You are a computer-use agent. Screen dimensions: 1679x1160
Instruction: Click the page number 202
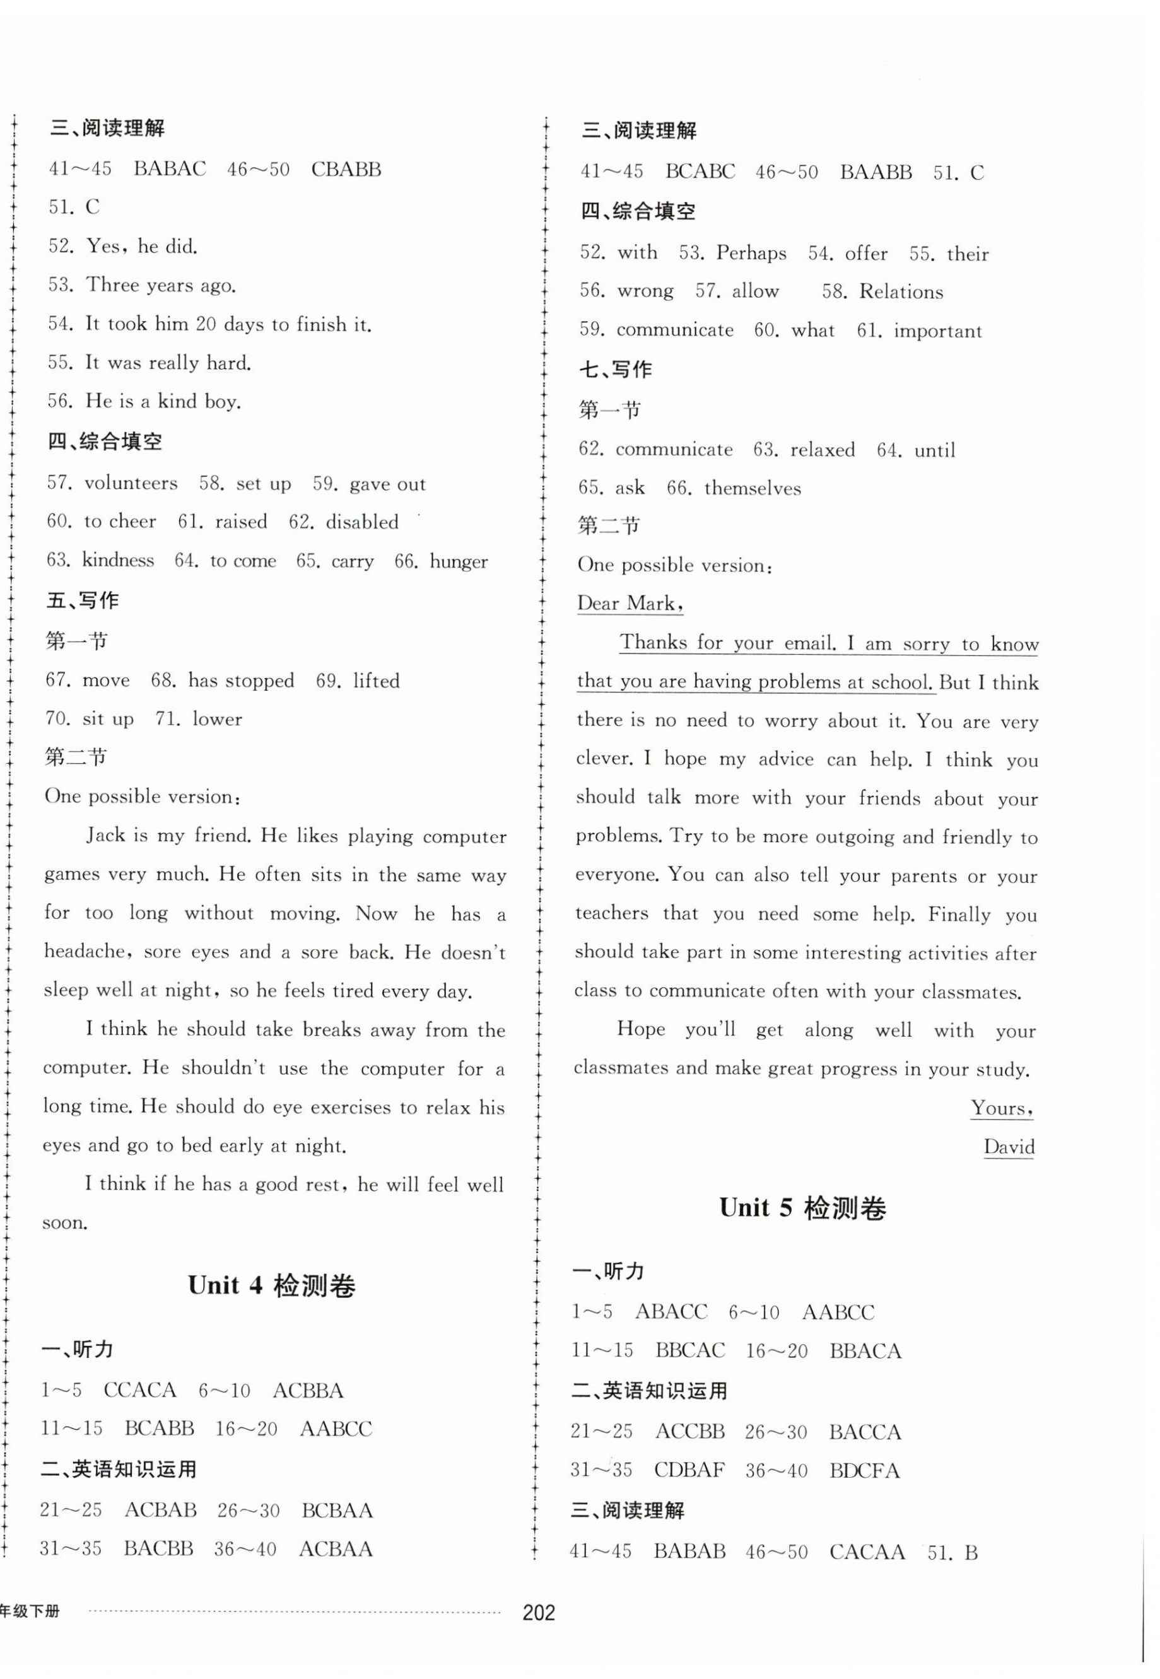click(x=539, y=1612)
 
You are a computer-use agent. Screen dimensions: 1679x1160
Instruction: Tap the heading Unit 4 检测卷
click(x=272, y=1286)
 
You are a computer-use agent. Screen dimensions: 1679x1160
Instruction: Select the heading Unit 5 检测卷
click(x=802, y=1208)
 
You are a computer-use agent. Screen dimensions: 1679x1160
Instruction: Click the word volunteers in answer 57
click(x=131, y=483)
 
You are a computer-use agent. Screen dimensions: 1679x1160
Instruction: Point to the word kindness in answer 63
click(x=118, y=560)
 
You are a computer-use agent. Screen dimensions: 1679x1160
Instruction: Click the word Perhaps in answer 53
click(x=751, y=253)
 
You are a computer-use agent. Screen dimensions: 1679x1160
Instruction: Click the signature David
click(x=1008, y=1147)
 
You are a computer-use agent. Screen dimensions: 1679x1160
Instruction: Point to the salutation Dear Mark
click(x=630, y=603)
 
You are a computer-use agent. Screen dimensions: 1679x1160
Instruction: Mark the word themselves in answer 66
click(x=753, y=488)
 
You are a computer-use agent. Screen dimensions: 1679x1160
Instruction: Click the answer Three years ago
click(x=161, y=285)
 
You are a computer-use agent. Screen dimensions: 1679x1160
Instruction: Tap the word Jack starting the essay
click(x=106, y=835)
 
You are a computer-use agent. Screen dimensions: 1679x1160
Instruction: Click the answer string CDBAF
click(x=689, y=1470)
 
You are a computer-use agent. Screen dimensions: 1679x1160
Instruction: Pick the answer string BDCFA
click(x=864, y=1471)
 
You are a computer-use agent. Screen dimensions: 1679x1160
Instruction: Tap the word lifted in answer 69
click(x=377, y=681)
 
